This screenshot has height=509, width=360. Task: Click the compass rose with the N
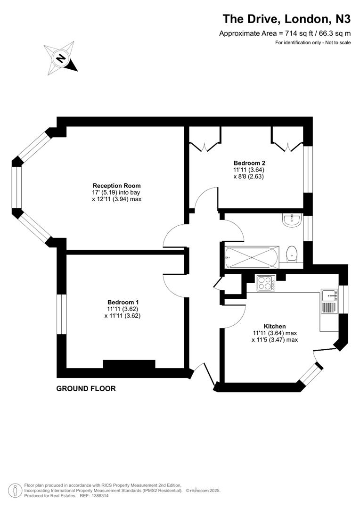coord(60,58)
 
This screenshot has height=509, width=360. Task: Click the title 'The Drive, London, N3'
coord(286,19)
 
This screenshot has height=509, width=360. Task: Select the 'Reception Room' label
coord(116,185)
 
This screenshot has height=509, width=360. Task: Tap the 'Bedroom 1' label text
coord(123,302)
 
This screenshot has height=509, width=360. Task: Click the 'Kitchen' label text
coord(274,326)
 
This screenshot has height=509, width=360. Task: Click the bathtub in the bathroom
coord(252,258)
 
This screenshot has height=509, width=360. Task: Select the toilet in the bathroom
coord(292,254)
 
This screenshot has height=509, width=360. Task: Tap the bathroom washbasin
coord(293,219)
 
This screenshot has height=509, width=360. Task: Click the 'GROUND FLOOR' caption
coord(86,389)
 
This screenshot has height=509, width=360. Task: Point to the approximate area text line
coord(285,33)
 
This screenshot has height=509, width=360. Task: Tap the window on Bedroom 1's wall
coord(61,314)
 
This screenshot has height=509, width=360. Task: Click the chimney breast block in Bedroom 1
coord(129,364)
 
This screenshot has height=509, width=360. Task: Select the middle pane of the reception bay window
coord(16,187)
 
